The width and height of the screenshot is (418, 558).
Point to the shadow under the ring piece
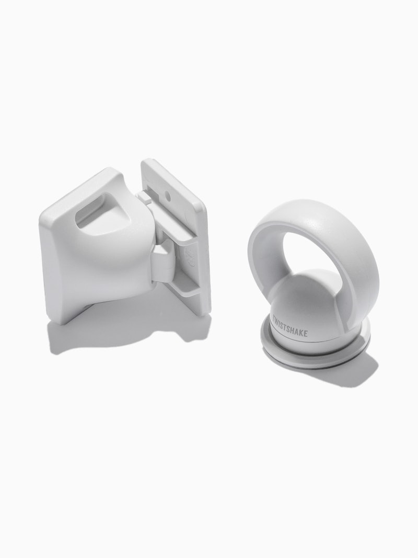361,374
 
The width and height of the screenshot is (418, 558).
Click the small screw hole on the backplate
168,197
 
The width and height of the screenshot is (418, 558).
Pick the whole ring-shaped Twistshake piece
313,293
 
